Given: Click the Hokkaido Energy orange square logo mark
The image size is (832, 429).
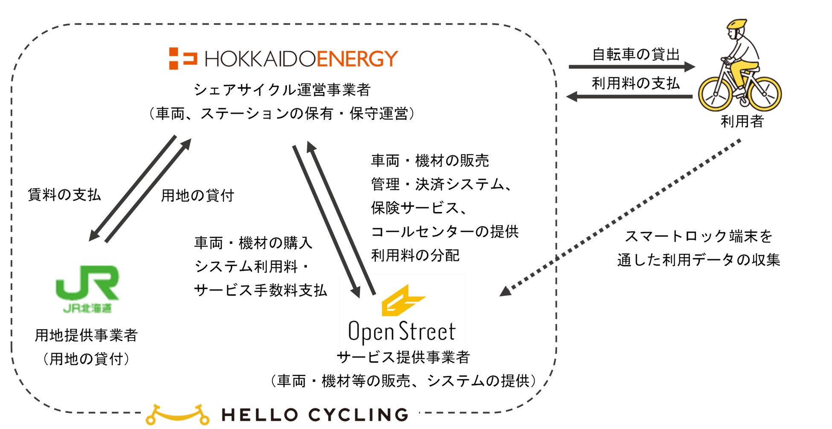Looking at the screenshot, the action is [182, 58].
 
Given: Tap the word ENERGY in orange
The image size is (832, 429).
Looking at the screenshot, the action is [357, 59].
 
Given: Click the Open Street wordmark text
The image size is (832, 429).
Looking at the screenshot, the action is [401, 332].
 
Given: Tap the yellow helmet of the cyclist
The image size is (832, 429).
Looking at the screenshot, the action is [737, 24].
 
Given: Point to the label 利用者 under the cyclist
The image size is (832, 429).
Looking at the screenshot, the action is [742, 122].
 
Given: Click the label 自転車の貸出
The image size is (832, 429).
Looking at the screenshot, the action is [635, 54].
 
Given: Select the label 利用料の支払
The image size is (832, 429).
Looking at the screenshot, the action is [635, 83].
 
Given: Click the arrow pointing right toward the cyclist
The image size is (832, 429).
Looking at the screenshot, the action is [631, 67].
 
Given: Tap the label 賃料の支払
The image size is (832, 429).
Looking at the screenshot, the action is [64, 195].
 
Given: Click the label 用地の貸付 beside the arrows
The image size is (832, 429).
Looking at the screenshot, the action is [197, 196].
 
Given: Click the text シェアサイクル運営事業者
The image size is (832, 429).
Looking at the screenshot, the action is [282, 90].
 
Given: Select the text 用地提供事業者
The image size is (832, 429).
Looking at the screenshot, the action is [86, 335].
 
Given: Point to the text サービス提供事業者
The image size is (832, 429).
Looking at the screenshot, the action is [403, 357].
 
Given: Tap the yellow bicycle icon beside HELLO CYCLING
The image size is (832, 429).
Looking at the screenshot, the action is [177, 415].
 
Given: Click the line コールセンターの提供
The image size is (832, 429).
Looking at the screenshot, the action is [445, 232].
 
